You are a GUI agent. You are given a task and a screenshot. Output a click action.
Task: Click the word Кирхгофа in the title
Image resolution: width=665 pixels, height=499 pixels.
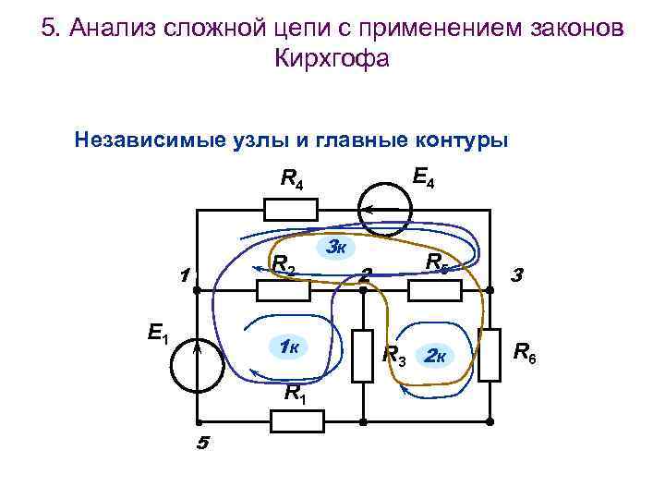[332, 58]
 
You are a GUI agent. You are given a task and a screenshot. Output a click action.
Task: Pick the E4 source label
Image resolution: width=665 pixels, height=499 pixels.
[423, 176]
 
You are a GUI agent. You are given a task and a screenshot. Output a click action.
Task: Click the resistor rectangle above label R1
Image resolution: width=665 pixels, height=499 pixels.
[297, 421]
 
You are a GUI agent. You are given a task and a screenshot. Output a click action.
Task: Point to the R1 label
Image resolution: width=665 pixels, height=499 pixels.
[294, 392]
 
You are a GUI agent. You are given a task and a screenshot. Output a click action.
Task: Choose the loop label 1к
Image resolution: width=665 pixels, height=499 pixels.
[287, 347]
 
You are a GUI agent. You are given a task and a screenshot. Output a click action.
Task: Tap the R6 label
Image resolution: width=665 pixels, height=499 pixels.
[525, 352]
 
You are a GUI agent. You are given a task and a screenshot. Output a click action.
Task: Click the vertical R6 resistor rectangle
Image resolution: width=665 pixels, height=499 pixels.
[490, 356]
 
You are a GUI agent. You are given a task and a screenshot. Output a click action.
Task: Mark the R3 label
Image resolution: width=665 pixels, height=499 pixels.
[393, 355]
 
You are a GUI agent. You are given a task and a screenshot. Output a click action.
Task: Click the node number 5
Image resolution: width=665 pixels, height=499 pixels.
[202, 444]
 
